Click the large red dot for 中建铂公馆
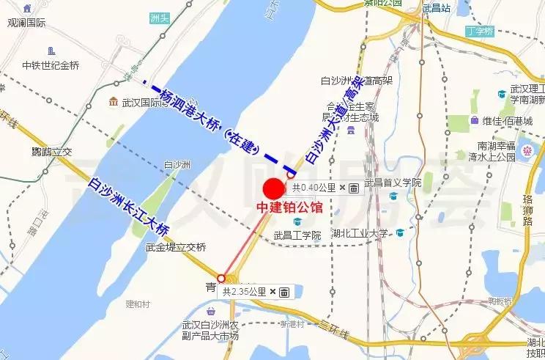[x=274, y=188]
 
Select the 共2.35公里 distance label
[x=245, y=292]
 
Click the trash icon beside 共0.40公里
[x=354, y=188]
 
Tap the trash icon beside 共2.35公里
[x=284, y=292]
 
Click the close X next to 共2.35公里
[x=272, y=292]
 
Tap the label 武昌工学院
[x=297, y=235]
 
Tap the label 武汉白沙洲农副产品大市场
[x=210, y=331]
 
